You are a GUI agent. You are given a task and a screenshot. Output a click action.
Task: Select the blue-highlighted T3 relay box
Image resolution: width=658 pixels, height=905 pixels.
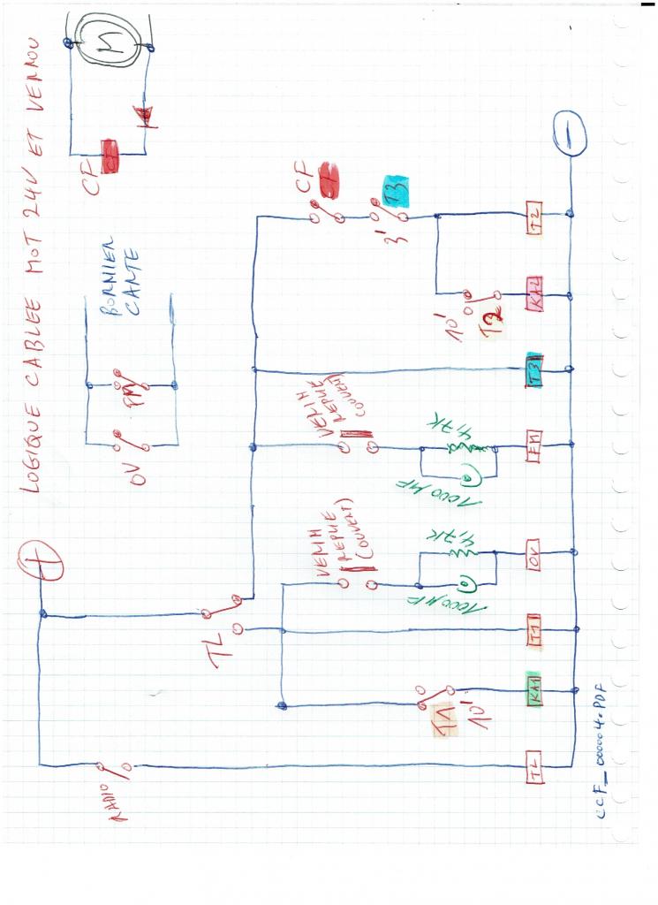pos(533,364)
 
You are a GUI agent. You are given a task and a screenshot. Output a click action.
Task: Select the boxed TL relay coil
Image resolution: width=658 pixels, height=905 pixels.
pos(534,765)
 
